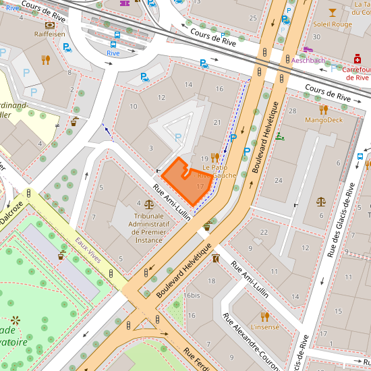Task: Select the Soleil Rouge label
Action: tap(333, 24)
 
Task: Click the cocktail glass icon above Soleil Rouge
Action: tap(332, 12)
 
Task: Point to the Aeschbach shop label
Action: tap(308, 60)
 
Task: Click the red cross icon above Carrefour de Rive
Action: tap(358, 58)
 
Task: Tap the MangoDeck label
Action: tap(324, 120)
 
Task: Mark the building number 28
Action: tap(292, 111)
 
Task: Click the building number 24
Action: tap(279, 180)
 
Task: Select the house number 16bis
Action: tap(192, 295)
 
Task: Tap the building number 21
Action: tap(217, 122)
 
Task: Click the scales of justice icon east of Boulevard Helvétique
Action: tap(320, 201)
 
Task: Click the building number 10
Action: tap(134, 107)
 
